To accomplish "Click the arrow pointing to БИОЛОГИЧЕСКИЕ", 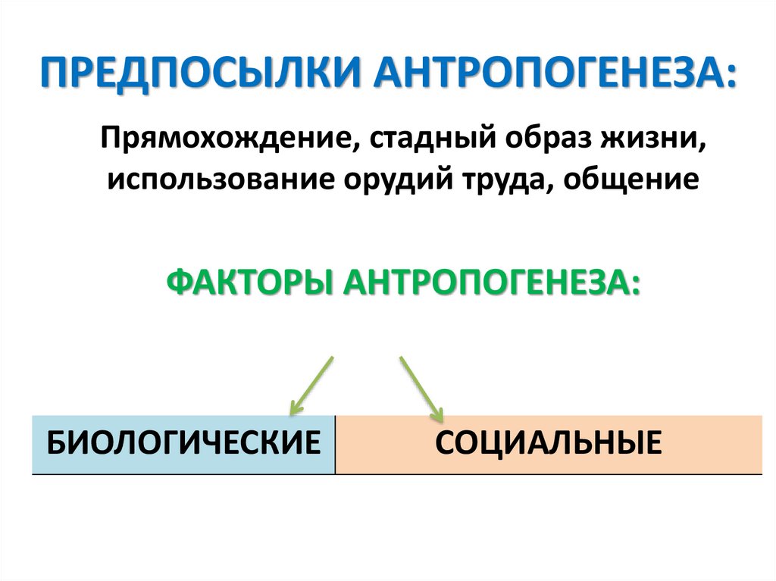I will (x=312, y=385).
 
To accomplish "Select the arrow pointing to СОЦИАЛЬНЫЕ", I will (x=421, y=388).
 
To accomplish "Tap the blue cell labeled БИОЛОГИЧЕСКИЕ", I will (x=183, y=444).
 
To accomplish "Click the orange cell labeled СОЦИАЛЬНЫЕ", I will (x=549, y=444).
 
